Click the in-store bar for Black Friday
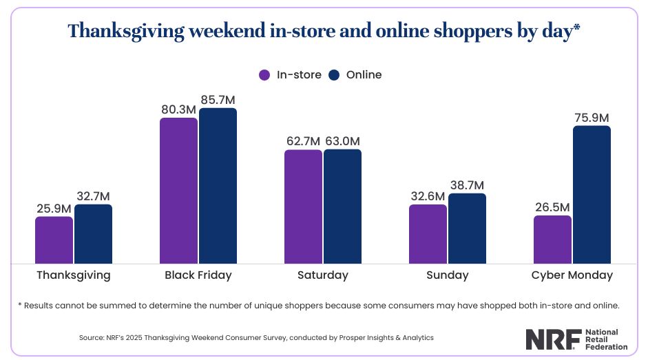coord(178,191)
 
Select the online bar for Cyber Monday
coord(592,194)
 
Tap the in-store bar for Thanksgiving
coord(54,240)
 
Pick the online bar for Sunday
coord(467,228)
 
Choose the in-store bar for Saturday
coord(303,206)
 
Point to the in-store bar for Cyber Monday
coord(552,239)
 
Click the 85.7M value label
coord(218,100)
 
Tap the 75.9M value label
coord(592,118)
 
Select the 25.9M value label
coord(54,208)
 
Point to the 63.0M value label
coord(342,141)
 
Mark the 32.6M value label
coord(428,196)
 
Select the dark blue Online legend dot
coord(335,75)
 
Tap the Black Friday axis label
coord(198,275)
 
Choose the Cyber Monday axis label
coord(572,275)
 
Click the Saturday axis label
coord(322,275)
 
